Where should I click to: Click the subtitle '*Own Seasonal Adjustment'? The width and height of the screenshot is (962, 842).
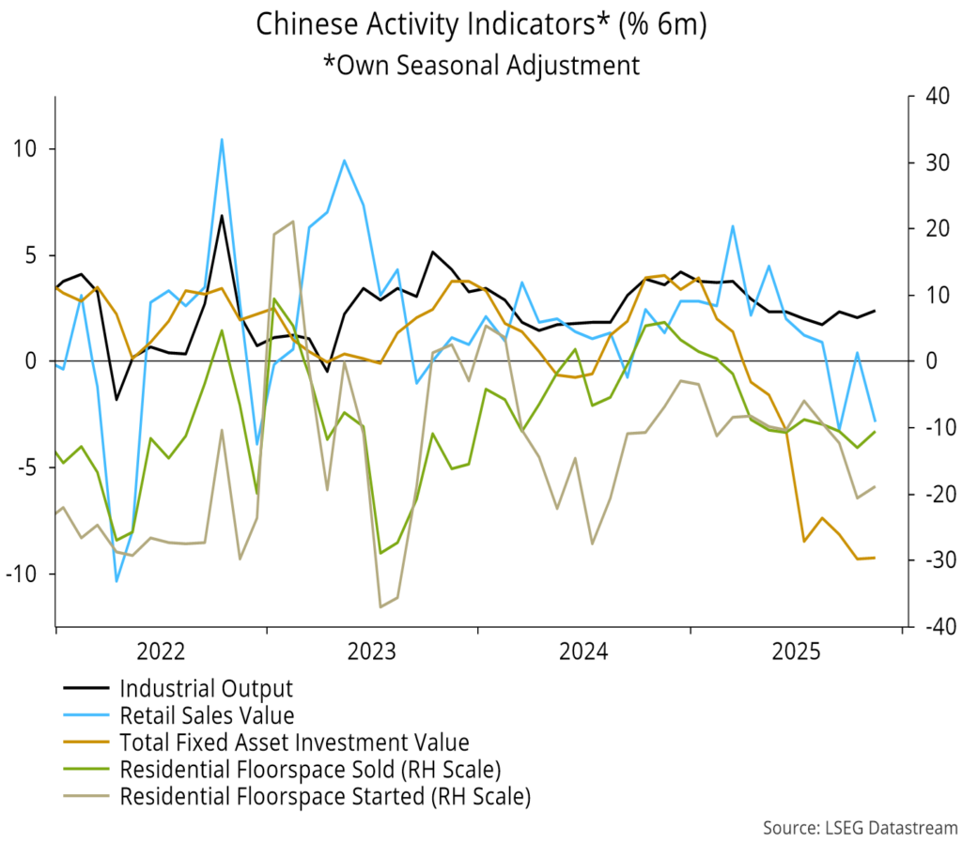480,65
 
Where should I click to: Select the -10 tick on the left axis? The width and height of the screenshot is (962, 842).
25,574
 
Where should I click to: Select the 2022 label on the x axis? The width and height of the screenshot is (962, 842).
162,651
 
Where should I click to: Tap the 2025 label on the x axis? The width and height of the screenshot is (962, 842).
797,651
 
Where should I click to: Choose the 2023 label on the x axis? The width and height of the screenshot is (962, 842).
373,651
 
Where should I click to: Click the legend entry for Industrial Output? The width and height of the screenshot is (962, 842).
206,689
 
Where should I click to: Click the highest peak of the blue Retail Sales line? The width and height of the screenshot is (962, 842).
222,139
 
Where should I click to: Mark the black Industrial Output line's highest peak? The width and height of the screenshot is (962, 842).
222,216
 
